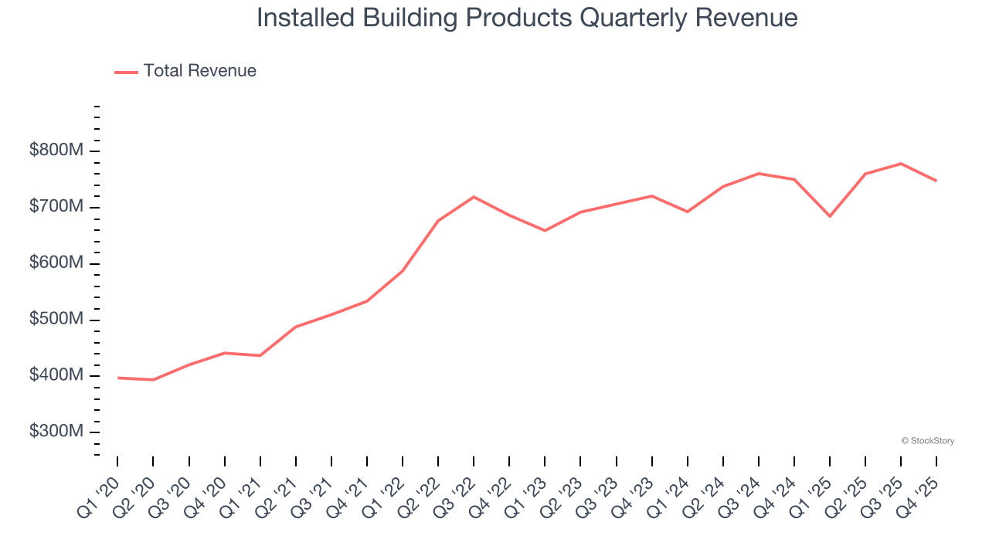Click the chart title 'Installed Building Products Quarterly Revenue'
click(x=527, y=18)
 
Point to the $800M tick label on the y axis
click(x=56, y=151)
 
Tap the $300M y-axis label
click(x=56, y=432)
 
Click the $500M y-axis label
click(x=56, y=320)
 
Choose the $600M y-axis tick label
click(x=56, y=263)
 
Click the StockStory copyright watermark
click(x=927, y=441)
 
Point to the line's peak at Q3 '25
click(x=901, y=164)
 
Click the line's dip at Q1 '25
click(x=830, y=216)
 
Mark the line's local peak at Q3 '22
click(x=474, y=197)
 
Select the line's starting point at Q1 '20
click(x=117, y=378)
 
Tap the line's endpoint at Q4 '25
click(x=936, y=181)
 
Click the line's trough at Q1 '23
click(x=545, y=230)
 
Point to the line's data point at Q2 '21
click(x=296, y=327)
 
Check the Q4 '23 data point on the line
click(x=652, y=196)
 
